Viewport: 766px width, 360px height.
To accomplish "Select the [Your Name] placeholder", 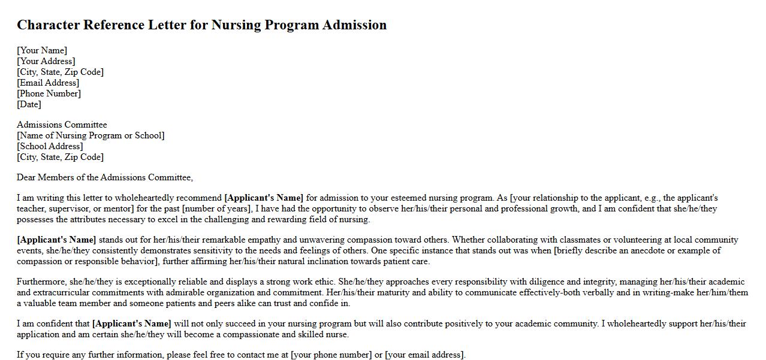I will point(42,50).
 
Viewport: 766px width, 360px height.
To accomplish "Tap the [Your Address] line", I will point(46,61).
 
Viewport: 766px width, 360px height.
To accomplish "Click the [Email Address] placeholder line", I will point(48,83).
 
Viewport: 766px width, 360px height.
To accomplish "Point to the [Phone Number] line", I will point(49,93).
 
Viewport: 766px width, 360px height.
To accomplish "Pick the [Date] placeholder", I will point(29,104).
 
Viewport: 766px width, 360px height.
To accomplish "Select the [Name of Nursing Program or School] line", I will point(91,135).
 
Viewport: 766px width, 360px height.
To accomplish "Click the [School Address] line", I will point(50,146).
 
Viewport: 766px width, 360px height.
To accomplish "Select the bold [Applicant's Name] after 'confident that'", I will point(132,323).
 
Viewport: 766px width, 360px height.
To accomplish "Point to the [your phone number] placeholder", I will point(331,355).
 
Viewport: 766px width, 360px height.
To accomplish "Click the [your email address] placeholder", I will point(425,355).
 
